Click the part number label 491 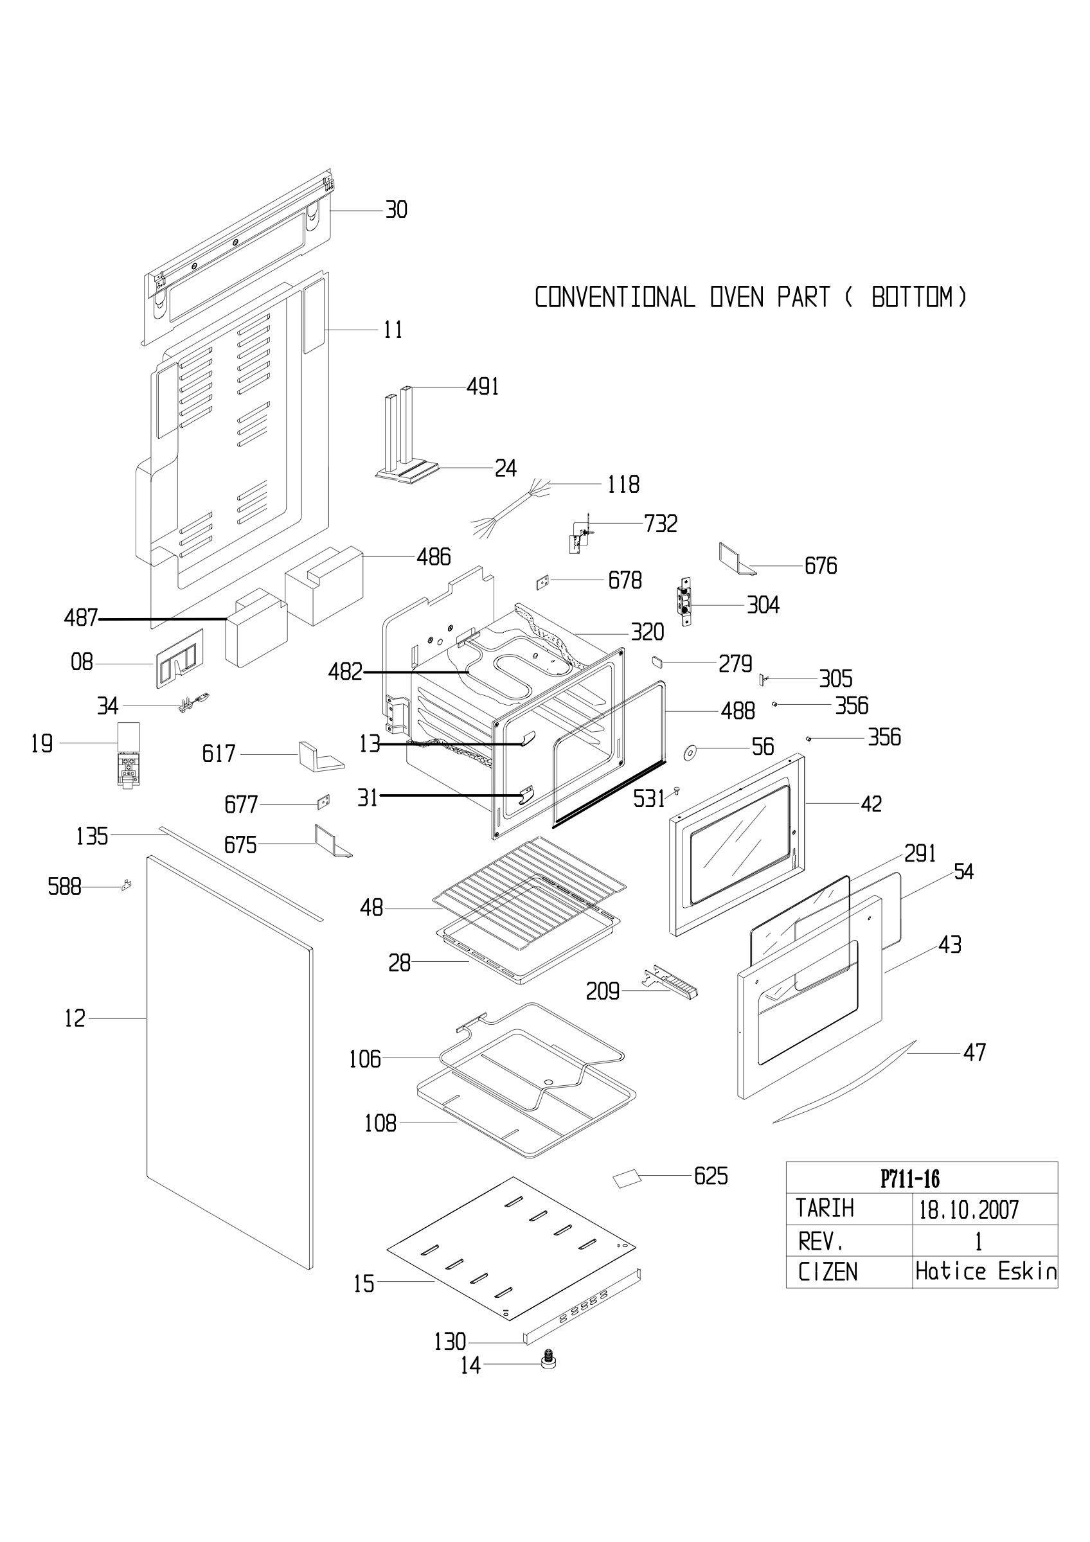[482, 387]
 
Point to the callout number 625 [711, 1176]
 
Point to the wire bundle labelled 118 [513, 506]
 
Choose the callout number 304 [763, 605]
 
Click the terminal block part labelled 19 [129, 755]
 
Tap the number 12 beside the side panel [75, 1019]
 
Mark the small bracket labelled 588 [125, 885]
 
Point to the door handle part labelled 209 [670, 984]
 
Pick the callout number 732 [661, 523]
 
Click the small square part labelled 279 [657, 662]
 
